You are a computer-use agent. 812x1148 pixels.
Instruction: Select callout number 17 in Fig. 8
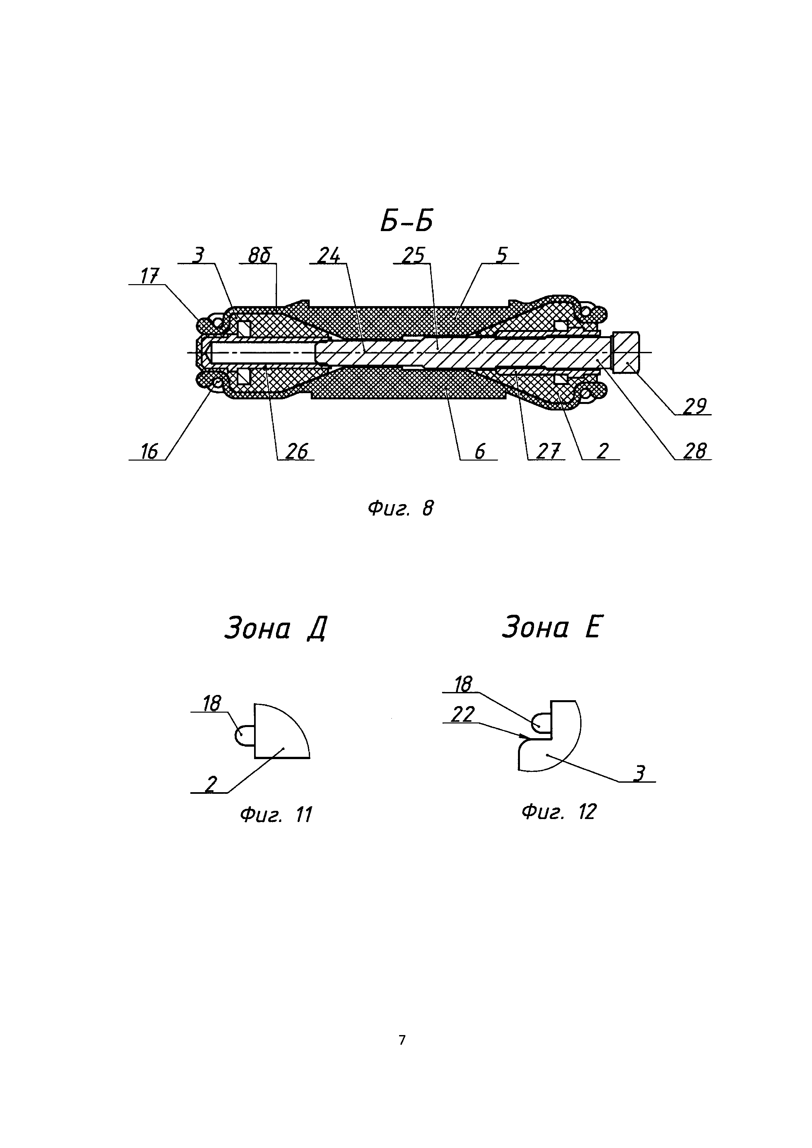150,276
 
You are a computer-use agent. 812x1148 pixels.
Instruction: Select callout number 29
694,407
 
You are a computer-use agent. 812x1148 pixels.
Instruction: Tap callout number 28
694,451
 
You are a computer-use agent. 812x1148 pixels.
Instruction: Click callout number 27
547,451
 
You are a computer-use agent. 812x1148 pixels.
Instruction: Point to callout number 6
479,451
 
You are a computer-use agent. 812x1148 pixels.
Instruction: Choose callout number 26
296,451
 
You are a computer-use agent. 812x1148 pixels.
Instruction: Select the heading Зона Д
275,629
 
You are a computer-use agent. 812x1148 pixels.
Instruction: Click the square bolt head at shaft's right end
626,353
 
